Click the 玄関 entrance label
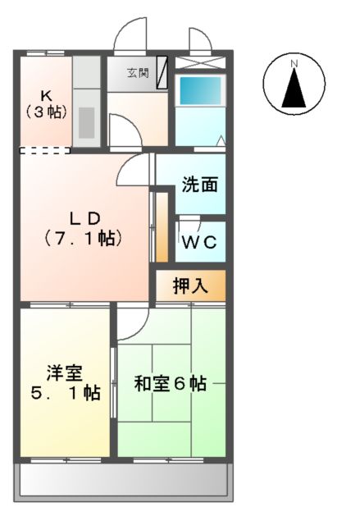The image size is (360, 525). pyautogui.click(x=136, y=71)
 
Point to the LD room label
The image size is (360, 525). pyautogui.click(x=84, y=218)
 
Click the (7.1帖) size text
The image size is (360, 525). pyautogui.click(x=84, y=240)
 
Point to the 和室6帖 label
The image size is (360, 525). pyautogui.click(x=170, y=383)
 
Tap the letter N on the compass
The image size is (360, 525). pyautogui.click(x=294, y=64)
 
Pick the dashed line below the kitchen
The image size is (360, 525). pyautogui.click(x=44, y=151)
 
